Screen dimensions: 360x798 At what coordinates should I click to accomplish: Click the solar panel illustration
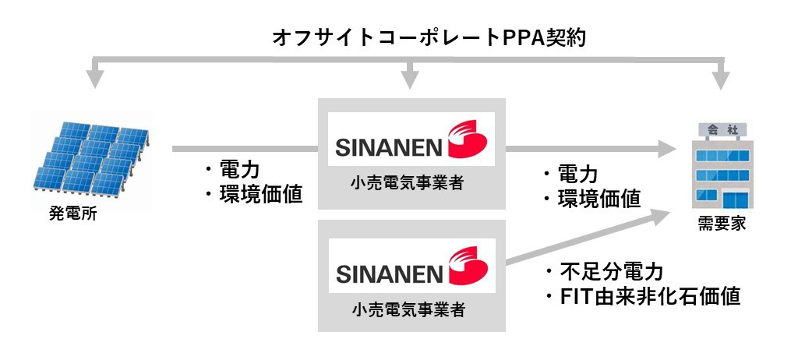pyautogui.click(x=91, y=157)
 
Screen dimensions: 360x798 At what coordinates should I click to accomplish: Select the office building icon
pyautogui.click(x=721, y=168)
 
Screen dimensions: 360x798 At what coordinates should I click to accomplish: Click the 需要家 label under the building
pyautogui.click(x=722, y=224)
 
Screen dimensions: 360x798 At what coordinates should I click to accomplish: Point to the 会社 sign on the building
pyautogui.click(x=721, y=128)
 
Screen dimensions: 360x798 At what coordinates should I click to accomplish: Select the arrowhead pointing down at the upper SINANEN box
pyautogui.click(x=411, y=78)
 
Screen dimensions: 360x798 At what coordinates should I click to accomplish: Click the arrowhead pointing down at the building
pyautogui.click(x=722, y=78)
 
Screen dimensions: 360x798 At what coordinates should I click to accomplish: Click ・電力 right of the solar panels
pyautogui.click(x=231, y=171)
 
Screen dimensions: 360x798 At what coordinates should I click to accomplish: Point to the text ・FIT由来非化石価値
pyautogui.click(x=641, y=297)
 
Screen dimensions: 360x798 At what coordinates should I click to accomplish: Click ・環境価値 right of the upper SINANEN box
pyautogui.click(x=591, y=199)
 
